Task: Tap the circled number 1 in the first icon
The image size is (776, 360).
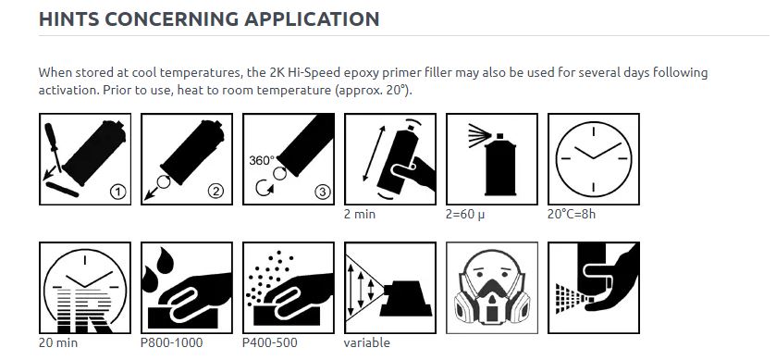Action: coord(117,192)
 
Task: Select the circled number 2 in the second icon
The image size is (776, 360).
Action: coord(216,192)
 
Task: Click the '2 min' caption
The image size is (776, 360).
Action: coord(359,214)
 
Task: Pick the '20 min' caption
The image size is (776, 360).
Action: coord(57,342)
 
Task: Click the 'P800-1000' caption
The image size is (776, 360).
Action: coord(171,342)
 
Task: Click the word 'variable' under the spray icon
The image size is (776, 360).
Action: coord(366,342)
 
